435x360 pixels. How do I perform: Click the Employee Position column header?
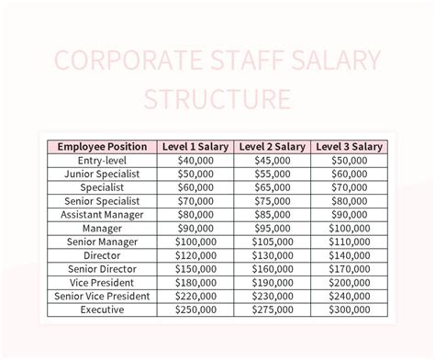[x=102, y=146]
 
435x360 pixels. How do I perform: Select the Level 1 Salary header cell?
[x=195, y=146]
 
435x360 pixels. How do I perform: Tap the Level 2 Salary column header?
[x=272, y=146]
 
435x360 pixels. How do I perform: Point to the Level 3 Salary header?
[x=349, y=146]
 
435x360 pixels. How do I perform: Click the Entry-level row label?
[x=102, y=160]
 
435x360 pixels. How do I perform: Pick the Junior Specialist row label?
[x=102, y=174]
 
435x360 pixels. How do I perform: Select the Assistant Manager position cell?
[x=102, y=214]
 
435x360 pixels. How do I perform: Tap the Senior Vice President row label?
[x=102, y=296]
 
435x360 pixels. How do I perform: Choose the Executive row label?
[x=102, y=309]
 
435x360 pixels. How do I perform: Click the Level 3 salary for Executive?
[x=349, y=309]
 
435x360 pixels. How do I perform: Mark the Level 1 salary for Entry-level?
[x=195, y=160]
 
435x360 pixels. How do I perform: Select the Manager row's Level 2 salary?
[x=272, y=228]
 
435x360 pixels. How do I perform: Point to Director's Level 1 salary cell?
[x=195, y=255]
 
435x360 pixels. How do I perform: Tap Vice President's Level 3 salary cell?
[x=349, y=282]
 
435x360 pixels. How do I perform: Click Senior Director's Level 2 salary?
[x=272, y=268]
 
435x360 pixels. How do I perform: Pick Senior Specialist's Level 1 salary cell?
[x=195, y=200]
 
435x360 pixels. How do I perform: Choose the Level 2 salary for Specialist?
[x=272, y=186]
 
